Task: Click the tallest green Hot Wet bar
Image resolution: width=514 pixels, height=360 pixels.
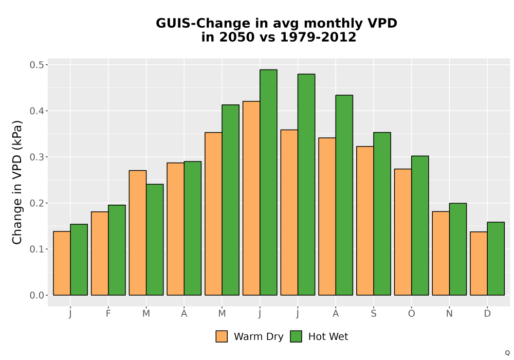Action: (268, 182)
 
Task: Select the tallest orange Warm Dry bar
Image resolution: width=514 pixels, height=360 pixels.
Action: (251, 198)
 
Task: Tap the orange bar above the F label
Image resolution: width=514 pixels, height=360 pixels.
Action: (100, 254)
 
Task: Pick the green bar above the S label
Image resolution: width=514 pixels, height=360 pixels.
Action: (382, 214)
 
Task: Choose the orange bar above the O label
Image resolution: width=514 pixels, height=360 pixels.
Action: (403, 232)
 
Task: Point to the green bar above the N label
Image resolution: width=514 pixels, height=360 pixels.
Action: (458, 249)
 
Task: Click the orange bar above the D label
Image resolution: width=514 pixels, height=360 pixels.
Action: (479, 264)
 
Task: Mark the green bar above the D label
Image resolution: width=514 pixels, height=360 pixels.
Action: (495, 259)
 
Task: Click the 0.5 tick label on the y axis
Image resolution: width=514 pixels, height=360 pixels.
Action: (36, 65)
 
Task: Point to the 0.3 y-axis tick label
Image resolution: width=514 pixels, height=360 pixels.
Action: (36, 157)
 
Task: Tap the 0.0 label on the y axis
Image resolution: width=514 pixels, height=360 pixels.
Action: (36, 295)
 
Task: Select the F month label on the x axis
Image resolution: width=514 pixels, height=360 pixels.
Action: (108, 314)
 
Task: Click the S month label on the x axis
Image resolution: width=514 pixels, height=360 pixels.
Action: (374, 314)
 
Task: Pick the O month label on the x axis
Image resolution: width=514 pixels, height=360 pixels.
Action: (411, 314)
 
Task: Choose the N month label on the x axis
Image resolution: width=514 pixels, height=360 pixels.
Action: (449, 314)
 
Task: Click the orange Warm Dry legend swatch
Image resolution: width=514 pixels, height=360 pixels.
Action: (222, 336)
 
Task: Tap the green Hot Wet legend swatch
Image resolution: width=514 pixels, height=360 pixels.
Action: (296, 336)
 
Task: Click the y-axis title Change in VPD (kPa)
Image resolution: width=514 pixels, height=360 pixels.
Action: (17, 182)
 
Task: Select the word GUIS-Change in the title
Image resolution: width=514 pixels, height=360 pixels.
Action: (203, 24)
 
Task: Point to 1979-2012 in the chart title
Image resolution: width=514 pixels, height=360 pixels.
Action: (318, 37)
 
